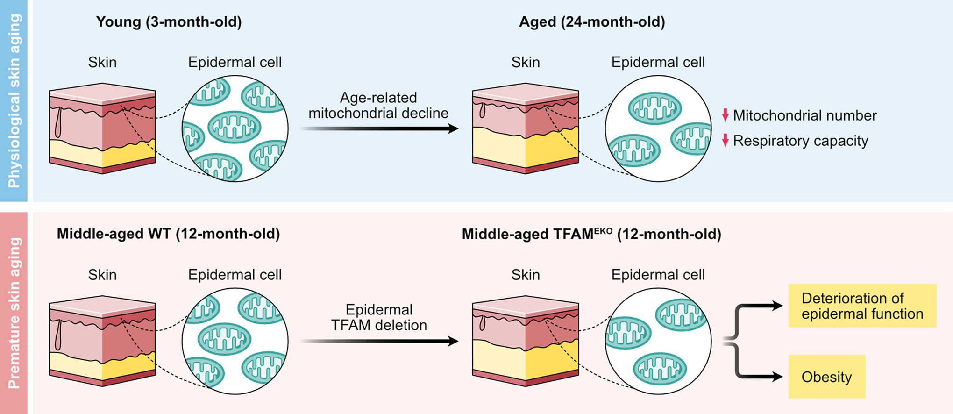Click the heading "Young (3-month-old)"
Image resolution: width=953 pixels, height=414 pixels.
pyautogui.click(x=169, y=22)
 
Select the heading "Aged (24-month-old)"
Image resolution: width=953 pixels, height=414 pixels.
pyautogui.click(x=592, y=22)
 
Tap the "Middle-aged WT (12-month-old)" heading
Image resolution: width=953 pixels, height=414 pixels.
pyautogui.click(x=168, y=234)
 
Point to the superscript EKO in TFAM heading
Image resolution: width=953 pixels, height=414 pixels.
pyautogui.click(x=603, y=230)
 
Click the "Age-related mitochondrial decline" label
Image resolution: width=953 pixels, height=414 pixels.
pyautogui.click(x=378, y=106)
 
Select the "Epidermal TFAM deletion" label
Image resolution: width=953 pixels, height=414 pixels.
pyautogui.click(x=379, y=318)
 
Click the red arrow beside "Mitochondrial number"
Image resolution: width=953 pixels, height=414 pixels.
pyautogui.click(x=725, y=115)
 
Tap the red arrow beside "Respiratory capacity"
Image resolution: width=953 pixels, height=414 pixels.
pyautogui.click(x=725, y=140)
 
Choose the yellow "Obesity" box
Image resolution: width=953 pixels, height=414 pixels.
pyautogui.click(x=826, y=377)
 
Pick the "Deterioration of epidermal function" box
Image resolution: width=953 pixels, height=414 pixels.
pyautogui.click(x=862, y=306)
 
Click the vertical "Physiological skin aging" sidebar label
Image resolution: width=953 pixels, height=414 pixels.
pyautogui.click(x=14, y=100)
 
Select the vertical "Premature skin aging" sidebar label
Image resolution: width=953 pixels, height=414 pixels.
pyautogui.click(x=14, y=313)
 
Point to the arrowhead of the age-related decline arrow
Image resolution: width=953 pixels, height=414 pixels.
pyautogui.click(x=453, y=128)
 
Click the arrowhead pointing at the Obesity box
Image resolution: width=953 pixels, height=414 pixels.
pyautogui.click(x=777, y=377)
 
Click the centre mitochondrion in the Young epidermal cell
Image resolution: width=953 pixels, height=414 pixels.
pyautogui.click(x=234, y=127)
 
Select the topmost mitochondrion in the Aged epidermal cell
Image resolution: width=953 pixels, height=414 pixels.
pyautogui.click(x=654, y=108)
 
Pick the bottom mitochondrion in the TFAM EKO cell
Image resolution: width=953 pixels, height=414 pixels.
pyautogui.click(x=660, y=368)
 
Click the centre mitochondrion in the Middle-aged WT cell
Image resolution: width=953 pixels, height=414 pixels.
pyautogui.click(x=224, y=338)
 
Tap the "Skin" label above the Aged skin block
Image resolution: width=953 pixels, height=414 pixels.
pyautogui.click(x=525, y=62)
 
